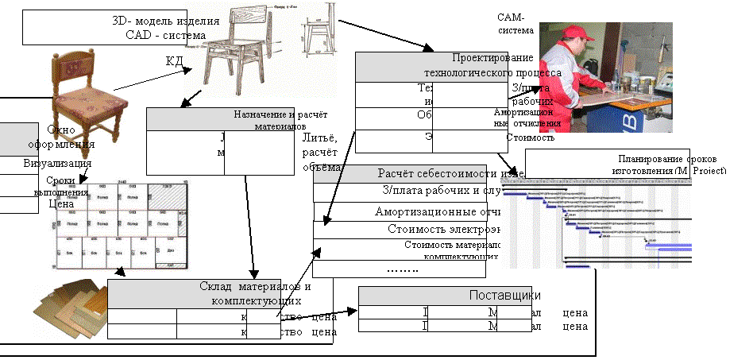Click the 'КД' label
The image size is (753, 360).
tap(174, 61)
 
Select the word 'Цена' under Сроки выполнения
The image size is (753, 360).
tap(60, 204)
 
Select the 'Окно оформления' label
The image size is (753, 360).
tap(71, 137)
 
